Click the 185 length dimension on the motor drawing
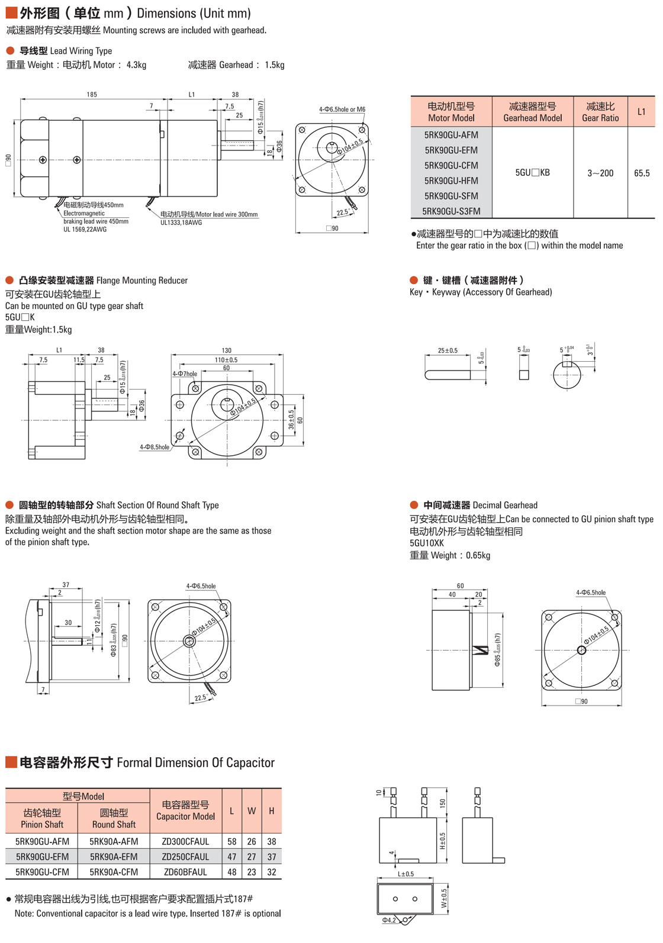point(92,94)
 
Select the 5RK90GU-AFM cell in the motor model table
point(451,135)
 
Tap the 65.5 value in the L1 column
point(642,173)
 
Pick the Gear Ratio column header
point(600,112)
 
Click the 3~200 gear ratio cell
point(600,173)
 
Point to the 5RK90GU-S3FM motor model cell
point(451,211)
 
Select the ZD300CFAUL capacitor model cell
point(186,841)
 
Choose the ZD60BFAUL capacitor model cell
point(186,872)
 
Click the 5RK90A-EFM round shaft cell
point(114,857)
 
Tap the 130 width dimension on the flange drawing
point(227,350)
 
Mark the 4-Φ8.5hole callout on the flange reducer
point(155,447)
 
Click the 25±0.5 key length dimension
point(448,350)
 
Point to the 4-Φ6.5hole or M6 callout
point(342,110)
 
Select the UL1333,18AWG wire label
point(181,223)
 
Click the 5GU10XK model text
point(426,543)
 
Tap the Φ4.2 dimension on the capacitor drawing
point(389,920)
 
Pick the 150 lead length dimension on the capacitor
point(443,803)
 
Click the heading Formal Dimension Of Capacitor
point(196,762)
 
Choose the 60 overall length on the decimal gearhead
point(460,585)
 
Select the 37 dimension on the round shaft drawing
point(66,585)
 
